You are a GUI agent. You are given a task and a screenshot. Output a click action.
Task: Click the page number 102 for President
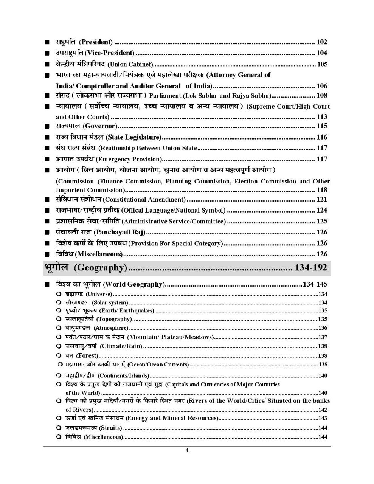[322, 42]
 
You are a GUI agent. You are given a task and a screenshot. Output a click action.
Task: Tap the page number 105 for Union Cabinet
[322, 64]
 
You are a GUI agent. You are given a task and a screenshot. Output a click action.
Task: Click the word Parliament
[165, 96]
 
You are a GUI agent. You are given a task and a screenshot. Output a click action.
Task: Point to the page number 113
[322, 117]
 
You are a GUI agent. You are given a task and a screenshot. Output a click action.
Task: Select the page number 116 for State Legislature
[322, 137]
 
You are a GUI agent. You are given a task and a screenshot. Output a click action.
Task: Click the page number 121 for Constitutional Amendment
[322, 199]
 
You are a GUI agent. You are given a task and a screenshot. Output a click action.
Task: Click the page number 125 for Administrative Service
[322, 221]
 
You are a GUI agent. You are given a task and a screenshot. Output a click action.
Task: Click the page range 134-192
[310, 268]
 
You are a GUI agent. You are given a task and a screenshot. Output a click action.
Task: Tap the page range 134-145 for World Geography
[315, 284]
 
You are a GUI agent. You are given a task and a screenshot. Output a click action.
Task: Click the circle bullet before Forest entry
[59, 355]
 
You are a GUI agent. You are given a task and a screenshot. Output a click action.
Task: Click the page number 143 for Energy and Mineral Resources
[323, 418]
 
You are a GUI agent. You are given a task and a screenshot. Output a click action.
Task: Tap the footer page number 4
[187, 450]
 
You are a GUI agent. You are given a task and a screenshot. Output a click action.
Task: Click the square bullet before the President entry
[47, 42]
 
